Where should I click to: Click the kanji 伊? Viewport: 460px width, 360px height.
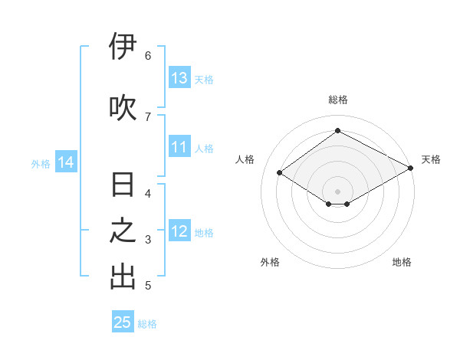click(x=123, y=47)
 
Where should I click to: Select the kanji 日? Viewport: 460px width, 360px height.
click(x=123, y=185)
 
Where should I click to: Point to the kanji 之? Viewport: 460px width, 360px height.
click(x=123, y=231)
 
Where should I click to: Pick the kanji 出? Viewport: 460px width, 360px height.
click(x=123, y=277)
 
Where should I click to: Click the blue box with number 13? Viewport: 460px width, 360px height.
click(x=179, y=78)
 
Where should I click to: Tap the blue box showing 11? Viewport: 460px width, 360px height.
click(x=179, y=147)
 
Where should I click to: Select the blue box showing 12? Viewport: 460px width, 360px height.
click(x=179, y=231)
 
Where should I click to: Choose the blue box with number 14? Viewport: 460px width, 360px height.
click(x=65, y=162)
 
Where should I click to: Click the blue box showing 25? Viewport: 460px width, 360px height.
click(x=123, y=322)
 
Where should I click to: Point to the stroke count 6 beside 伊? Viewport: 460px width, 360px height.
click(x=148, y=55)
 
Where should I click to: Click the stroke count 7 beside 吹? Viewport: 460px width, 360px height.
click(x=148, y=116)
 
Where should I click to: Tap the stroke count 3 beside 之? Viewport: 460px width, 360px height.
click(x=148, y=240)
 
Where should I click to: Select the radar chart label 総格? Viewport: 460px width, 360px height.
click(x=337, y=100)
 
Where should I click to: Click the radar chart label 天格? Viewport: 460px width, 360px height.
click(x=431, y=159)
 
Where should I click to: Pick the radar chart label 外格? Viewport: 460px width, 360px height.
click(x=270, y=262)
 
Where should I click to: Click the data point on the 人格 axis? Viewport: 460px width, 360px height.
click(x=280, y=173)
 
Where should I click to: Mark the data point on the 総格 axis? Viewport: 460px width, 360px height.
click(x=337, y=131)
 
